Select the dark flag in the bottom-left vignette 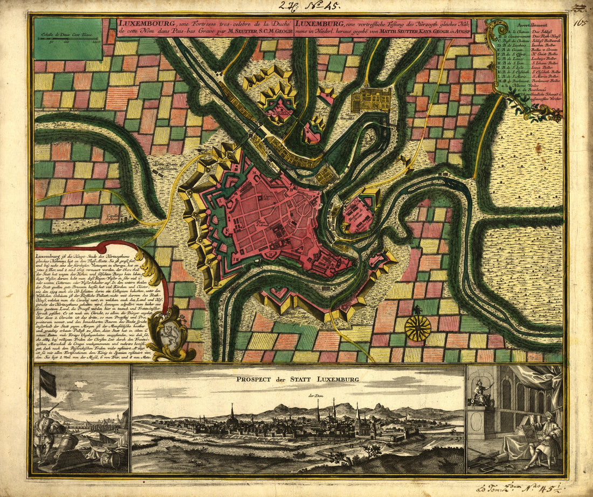[x=48, y=381]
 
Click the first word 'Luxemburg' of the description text [x=47, y=257]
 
